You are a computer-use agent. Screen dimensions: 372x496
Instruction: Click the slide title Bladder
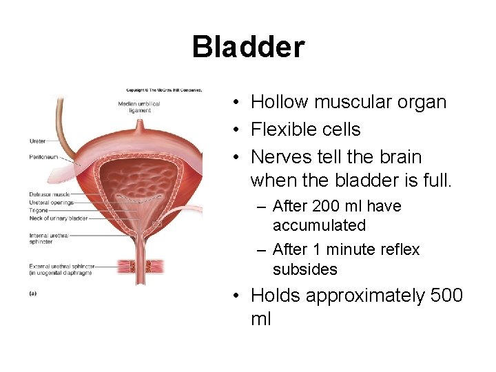[248, 48]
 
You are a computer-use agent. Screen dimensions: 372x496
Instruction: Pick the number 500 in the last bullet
[447, 296]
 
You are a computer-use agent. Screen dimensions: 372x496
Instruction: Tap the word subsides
[304, 269]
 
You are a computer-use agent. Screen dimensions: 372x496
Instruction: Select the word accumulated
[319, 225]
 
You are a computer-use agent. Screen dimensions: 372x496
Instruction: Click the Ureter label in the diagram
[37, 141]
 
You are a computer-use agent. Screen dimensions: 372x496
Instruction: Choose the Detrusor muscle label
[50, 195]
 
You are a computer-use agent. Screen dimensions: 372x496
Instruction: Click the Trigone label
[39, 210]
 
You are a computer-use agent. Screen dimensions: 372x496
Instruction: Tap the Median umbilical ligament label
[139, 107]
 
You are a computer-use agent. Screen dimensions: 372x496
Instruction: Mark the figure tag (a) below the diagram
[33, 293]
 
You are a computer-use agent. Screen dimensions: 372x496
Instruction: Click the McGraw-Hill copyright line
[163, 90]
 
